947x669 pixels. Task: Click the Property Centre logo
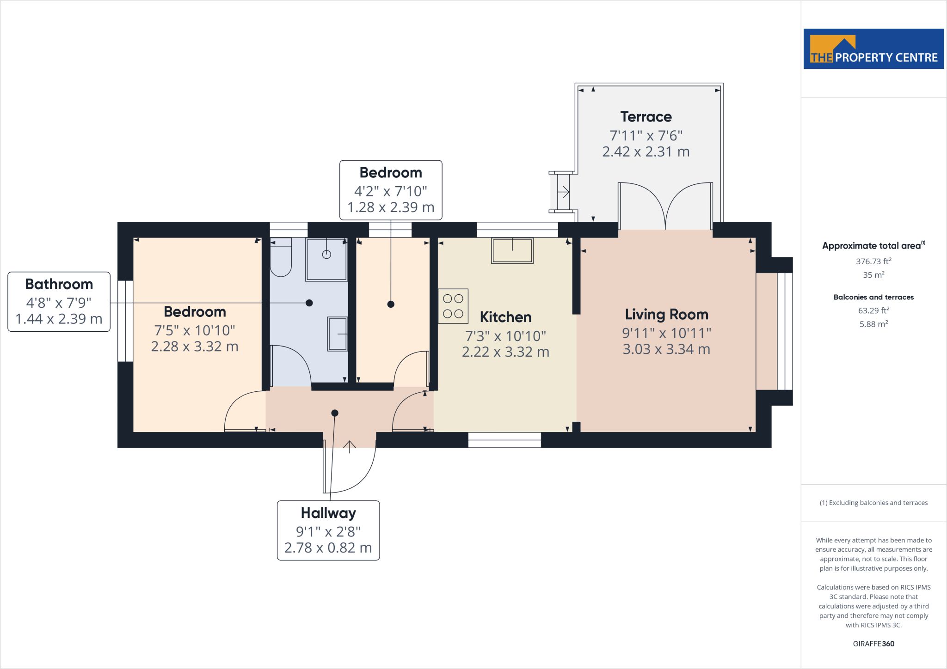[873, 49]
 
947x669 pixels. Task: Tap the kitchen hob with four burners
[453, 306]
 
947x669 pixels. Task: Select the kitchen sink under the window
[512, 251]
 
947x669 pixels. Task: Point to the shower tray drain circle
[326, 254]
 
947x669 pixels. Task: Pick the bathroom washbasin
[338, 334]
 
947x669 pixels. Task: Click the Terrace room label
[646, 117]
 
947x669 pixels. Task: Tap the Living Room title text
[666, 315]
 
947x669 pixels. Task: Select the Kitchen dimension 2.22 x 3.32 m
[505, 352]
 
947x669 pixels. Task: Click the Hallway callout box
[328, 530]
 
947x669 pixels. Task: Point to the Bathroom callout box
[59, 302]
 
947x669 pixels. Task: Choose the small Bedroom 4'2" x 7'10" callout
[391, 190]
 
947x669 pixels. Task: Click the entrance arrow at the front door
[350, 447]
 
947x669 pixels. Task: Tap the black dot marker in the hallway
[335, 413]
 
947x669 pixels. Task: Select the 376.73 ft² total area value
[873, 262]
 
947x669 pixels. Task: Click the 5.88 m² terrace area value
[873, 324]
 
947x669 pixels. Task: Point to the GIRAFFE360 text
[873, 644]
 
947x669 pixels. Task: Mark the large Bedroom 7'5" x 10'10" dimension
[195, 330]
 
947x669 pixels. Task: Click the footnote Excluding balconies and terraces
[873, 503]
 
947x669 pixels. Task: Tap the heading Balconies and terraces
[873, 297]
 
